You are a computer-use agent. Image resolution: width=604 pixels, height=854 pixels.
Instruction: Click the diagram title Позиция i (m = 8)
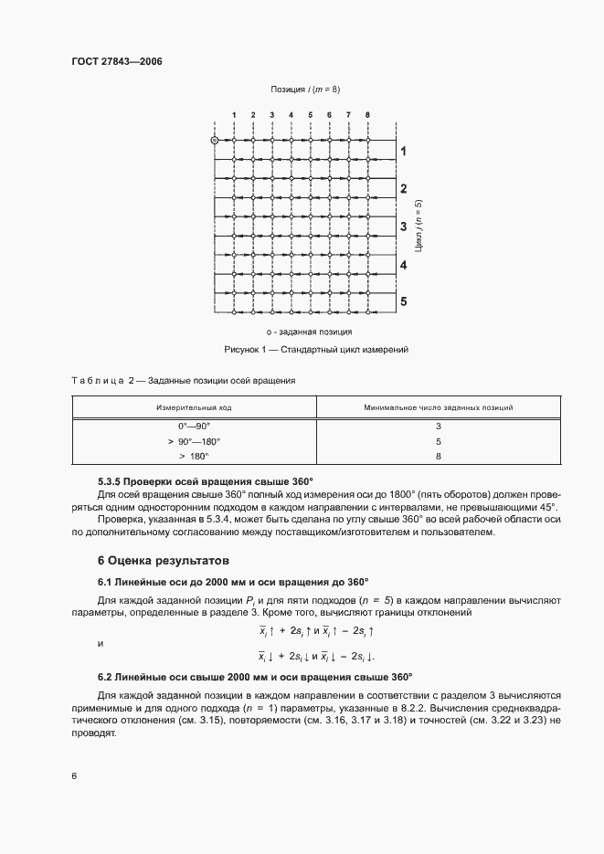[x=305, y=90]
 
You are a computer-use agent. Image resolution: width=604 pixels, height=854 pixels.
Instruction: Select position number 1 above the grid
[x=234, y=115]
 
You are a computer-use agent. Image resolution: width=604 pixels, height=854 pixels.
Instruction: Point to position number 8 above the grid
[x=367, y=115]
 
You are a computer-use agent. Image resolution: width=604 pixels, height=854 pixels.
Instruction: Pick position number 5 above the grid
[x=311, y=115]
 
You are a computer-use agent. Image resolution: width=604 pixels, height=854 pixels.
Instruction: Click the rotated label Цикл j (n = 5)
[x=419, y=226]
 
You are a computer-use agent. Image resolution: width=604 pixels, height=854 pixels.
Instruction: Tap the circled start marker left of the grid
[x=215, y=141]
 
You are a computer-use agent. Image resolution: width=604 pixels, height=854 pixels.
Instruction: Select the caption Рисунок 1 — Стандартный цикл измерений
[x=315, y=350]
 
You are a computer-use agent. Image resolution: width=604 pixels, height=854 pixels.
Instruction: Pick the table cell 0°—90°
[x=194, y=427]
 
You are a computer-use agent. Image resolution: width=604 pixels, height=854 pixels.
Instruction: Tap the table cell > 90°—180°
[x=194, y=440]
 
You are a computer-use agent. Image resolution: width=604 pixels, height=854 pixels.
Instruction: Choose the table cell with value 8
[x=438, y=455]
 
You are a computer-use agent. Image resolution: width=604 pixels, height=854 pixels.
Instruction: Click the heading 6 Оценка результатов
[x=157, y=559]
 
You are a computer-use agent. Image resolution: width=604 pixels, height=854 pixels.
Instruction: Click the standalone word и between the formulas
[x=101, y=643]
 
